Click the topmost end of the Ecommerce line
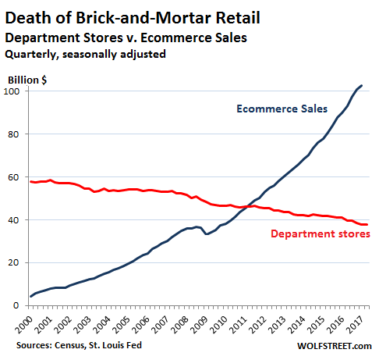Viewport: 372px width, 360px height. pyautogui.click(x=361, y=85)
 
